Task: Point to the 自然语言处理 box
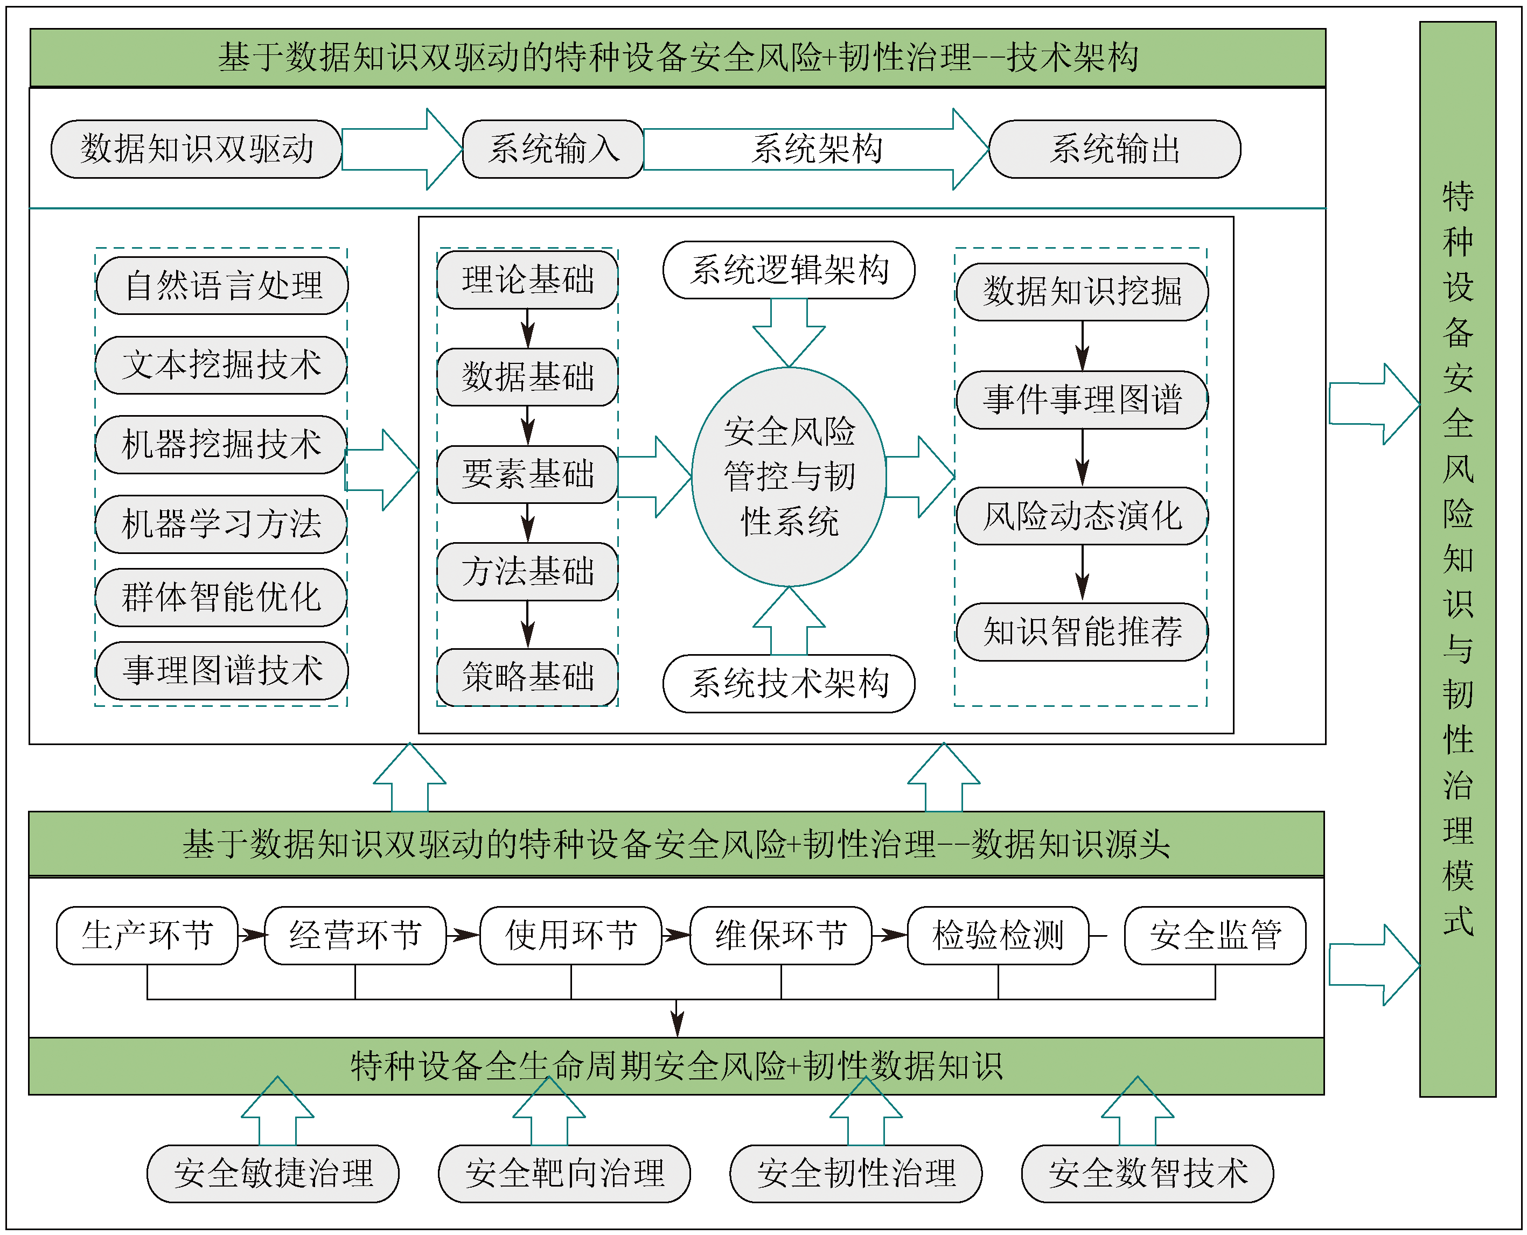[x=222, y=285]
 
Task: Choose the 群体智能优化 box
[x=221, y=597]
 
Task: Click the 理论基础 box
[x=527, y=279]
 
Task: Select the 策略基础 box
[x=527, y=677]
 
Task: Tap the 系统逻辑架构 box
[x=789, y=270]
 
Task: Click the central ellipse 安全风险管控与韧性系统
[x=789, y=476]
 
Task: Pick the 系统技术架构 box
[x=789, y=683]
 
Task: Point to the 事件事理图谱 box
[x=1082, y=400]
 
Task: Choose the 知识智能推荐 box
[x=1082, y=631]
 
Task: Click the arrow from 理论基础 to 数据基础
[x=527, y=328]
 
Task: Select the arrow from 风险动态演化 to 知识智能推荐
[x=1082, y=573]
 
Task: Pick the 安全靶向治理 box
[x=564, y=1173]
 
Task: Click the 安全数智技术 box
[x=1147, y=1173]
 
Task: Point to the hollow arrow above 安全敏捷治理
[x=277, y=1110]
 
